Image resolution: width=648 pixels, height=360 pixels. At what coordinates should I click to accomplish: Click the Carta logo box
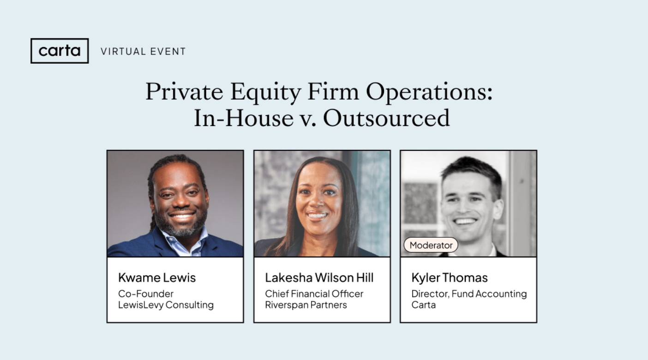pos(60,51)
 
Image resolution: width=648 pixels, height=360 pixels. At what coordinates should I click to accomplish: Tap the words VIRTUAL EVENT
pos(143,51)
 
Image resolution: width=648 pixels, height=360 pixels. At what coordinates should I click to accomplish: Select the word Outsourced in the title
pos(386,118)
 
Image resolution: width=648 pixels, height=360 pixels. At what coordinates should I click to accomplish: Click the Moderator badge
pos(431,245)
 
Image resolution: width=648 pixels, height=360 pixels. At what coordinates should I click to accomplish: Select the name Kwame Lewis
pos(157,277)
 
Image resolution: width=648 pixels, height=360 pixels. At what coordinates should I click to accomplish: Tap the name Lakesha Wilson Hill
pos(319,277)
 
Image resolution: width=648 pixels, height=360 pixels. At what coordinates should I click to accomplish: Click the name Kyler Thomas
pos(449,277)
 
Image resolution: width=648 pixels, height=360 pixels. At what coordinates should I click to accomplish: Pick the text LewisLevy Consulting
pos(166,305)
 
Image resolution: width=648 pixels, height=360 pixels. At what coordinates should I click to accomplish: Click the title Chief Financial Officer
pos(314,294)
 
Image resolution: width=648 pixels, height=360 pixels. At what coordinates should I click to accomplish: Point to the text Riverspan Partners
pos(306,305)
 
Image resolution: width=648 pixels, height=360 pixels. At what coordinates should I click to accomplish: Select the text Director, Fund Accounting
pos(468,294)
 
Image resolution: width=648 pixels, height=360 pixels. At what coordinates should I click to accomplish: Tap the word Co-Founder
pos(146,294)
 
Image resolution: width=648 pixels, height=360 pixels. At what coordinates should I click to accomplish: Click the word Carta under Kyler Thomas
pos(423,305)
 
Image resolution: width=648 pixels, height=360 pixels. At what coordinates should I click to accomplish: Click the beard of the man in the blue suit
pos(180,227)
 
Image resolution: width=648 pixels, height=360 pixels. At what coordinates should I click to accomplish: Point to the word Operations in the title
pos(429,92)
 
